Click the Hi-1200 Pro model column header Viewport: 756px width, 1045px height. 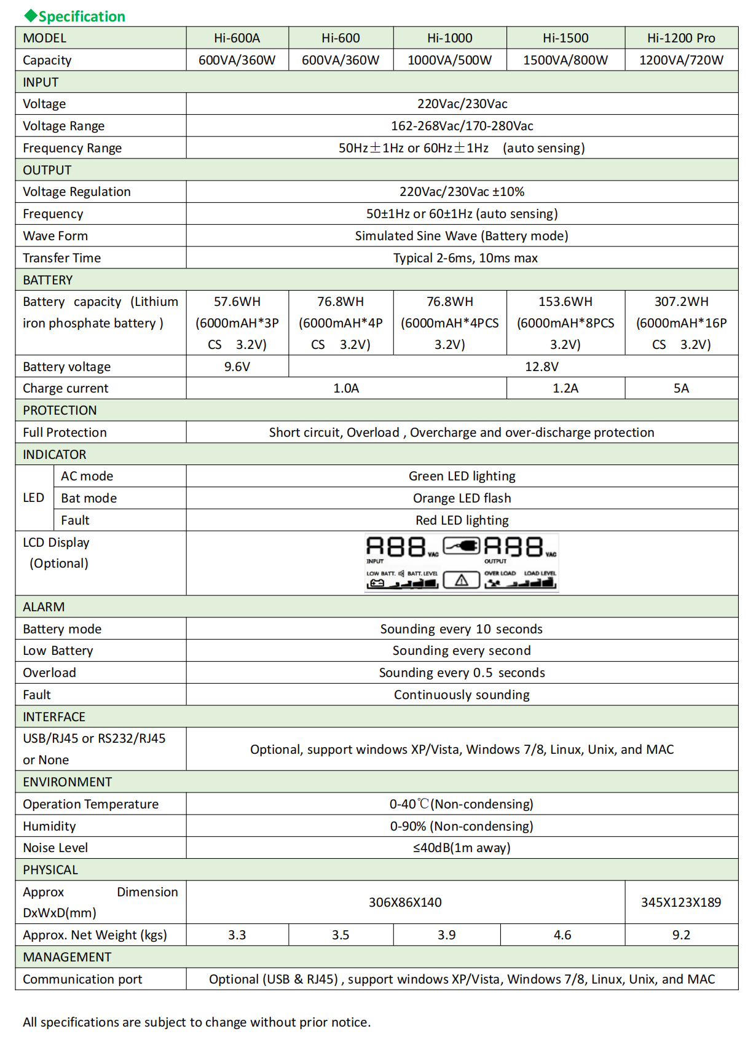click(x=681, y=38)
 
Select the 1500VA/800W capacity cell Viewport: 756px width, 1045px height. click(x=565, y=60)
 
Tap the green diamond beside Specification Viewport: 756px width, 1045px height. click(x=30, y=16)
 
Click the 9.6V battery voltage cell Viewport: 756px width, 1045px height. click(x=237, y=367)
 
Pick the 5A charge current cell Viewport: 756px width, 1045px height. click(x=681, y=388)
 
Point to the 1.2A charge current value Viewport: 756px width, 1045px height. click(x=565, y=388)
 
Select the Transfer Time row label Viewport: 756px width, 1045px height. click(x=62, y=258)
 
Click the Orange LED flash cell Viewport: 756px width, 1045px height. click(x=462, y=498)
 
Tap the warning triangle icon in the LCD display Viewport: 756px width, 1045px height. click(x=462, y=580)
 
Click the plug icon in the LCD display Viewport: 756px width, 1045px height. click(x=462, y=546)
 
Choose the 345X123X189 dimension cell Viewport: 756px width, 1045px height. click(x=681, y=902)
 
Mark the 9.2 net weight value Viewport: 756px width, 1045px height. click(x=681, y=935)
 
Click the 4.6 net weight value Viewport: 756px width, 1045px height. click(x=562, y=935)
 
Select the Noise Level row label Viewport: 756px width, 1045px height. click(x=55, y=848)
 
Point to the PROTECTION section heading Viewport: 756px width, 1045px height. click(x=60, y=410)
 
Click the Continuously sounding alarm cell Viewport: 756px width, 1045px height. click(x=462, y=695)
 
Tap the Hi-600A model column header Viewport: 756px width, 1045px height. click(x=237, y=38)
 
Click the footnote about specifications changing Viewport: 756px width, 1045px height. click(x=197, y=1022)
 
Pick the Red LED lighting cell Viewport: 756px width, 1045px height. click(x=462, y=520)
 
